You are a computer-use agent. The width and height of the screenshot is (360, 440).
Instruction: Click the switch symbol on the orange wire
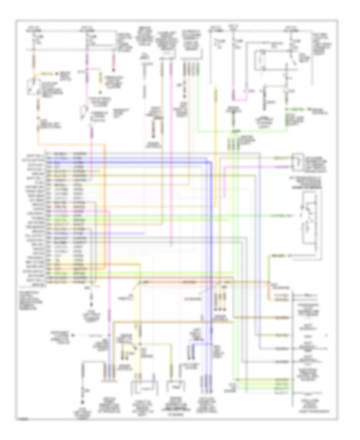(32, 89)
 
